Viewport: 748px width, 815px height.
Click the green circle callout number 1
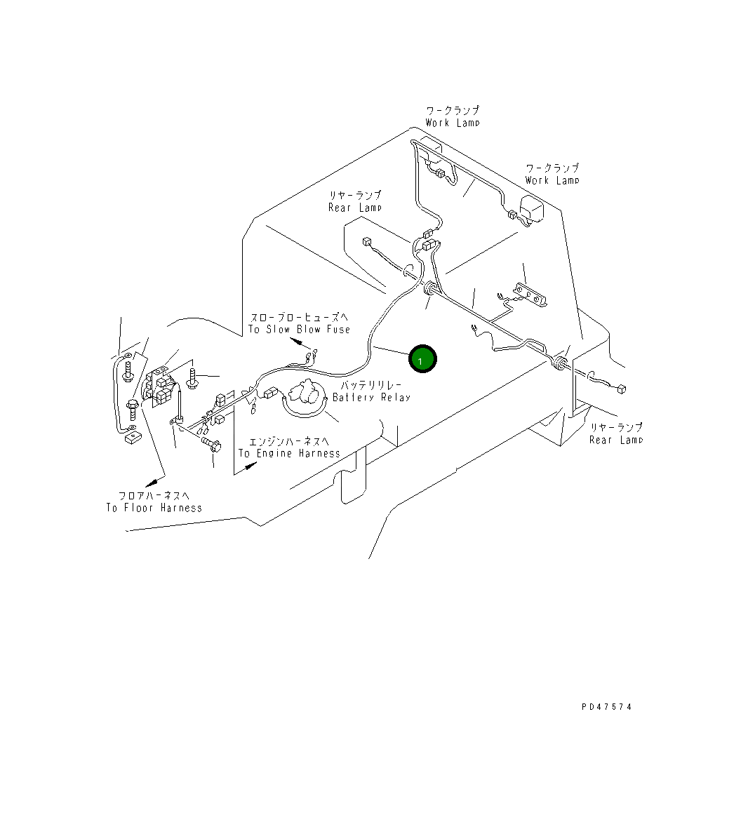422,360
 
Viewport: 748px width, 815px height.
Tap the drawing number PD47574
606,707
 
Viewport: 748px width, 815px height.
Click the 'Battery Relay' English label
371,398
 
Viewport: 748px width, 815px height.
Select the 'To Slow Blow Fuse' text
299,330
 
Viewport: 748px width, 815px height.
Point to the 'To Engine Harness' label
289,453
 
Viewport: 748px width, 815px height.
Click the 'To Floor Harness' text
154,508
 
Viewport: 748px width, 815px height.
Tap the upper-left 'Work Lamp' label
453,123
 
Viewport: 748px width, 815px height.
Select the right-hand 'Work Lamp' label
552,180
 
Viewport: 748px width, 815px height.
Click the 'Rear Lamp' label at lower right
615,440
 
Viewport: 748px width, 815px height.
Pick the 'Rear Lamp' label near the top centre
355,208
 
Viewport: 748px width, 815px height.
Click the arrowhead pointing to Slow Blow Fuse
298,343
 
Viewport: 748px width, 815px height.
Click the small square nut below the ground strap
131,439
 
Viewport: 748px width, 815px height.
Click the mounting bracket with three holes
529,295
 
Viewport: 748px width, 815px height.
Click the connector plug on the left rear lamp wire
366,243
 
